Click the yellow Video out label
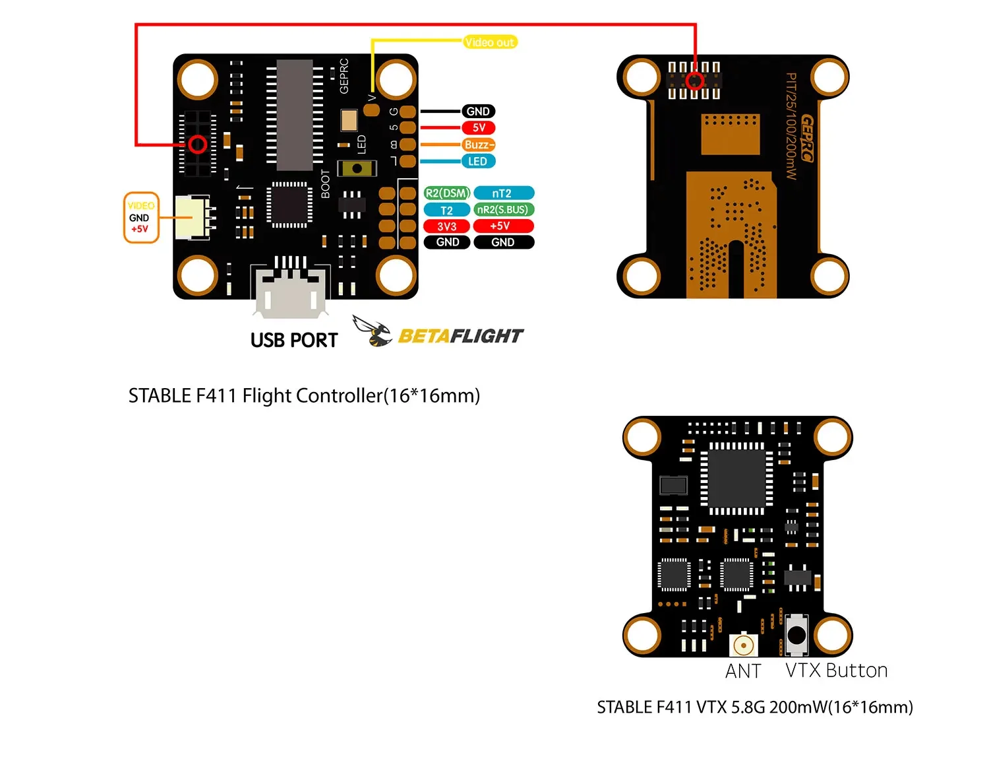tap(490, 42)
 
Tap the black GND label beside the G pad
tap(478, 112)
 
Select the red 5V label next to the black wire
tap(479, 128)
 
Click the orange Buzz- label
tap(478, 145)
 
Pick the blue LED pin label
tap(477, 162)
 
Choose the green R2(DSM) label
tap(446, 193)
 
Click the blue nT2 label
tap(503, 193)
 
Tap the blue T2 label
tap(446, 211)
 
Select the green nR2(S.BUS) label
tap(503, 210)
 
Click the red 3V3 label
tap(446, 226)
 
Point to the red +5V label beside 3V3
tap(503, 226)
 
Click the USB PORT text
tap(294, 341)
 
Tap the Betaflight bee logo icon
tap(373, 331)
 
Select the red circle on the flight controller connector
tap(198, 145)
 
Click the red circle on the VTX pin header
tap(694, 81)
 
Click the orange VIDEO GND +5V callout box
tap(141, 218)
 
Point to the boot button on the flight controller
tap(357, 168)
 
